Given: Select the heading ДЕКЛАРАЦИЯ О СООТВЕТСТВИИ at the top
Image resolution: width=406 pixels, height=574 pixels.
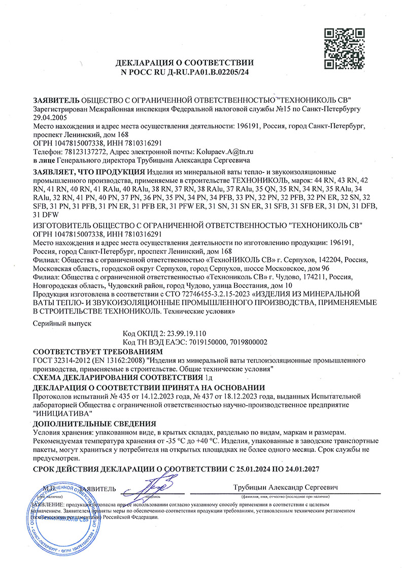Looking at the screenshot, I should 184,63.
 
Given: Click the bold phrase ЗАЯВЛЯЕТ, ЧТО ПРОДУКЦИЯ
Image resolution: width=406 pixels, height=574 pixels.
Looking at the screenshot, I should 85,172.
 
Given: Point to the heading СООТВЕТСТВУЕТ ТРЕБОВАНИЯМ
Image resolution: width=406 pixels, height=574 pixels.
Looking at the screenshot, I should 97,351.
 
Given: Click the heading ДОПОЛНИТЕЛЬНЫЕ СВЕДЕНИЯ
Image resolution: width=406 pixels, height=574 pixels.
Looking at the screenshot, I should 94,423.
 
